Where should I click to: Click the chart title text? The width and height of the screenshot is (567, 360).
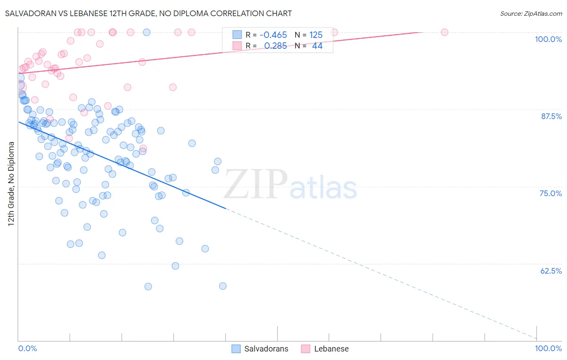pyautogui.click(x=148, y=13)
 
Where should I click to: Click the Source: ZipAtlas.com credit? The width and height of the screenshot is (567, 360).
pyautogui.click(x=531, y=13)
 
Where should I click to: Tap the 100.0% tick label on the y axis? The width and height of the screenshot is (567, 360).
pyautogui.click(x=548, y=39)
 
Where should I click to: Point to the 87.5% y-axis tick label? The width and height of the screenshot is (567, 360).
pyautogui.click(x=551, y=116)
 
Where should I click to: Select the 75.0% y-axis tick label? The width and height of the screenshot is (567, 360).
pyautogui.click(x=550, y=193)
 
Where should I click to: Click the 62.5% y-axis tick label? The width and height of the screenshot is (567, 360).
pyautogui.click(x=551, y=271)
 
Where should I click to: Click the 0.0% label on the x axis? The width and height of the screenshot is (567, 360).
pyautogui.click(x=27, y=348)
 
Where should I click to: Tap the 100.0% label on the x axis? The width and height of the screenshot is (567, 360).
pyautogui.click(x=548, y=348)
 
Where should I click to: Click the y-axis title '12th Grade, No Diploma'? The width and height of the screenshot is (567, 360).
pyautogui.click(x=11, y=184)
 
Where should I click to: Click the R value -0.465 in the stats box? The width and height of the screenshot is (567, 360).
pyautogui.click(x=273, y=35)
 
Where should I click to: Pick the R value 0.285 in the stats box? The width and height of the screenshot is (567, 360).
pyautogui.click(x=275, y=46)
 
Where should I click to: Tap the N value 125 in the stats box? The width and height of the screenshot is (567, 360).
pyautogui.click(x=316, y=35)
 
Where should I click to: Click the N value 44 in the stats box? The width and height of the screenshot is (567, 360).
pyautogui.click(x=317, y=46)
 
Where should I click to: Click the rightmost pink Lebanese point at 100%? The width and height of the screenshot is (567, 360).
pyautogui.click(x=444, y=32)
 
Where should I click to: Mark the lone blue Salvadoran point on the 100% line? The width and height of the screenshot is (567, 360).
pyautogui.click(x=147, y=32)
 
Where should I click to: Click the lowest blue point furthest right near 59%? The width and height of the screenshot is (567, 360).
pyautogui.click(x=223, y=286)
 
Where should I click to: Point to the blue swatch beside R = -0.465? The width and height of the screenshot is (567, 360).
pyautogui.click(x=237, y=35)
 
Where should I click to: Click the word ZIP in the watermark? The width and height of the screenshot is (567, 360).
pyautogui.click(x=256, y=184)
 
